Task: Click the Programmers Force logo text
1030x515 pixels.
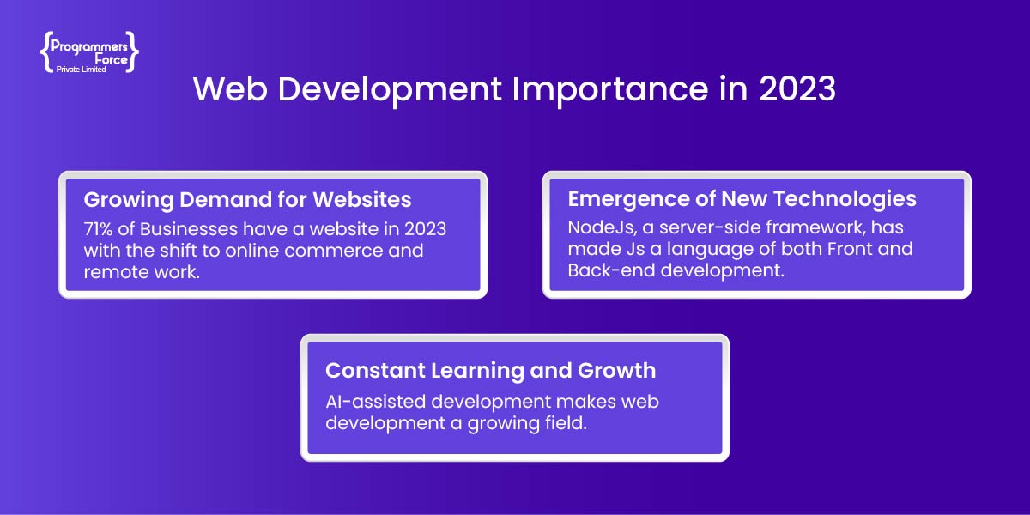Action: (89, 53)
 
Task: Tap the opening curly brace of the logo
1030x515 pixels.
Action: (45, 52)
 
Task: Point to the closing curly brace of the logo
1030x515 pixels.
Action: (131, 52)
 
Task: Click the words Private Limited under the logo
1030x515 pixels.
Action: (81, 70)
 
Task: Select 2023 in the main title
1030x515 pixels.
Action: (797, 88)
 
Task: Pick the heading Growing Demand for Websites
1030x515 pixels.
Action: (247, 200)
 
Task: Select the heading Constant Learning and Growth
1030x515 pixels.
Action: (491, 371)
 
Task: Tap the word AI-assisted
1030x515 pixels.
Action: (375, 402)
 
